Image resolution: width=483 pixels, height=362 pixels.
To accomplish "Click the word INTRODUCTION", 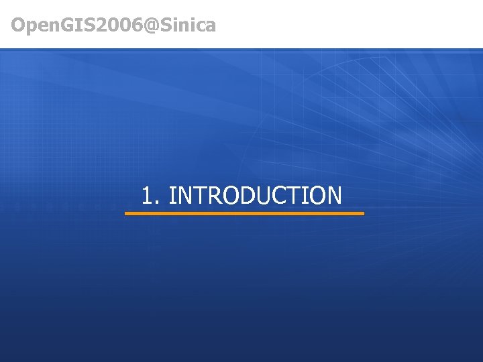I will click(x=256, y=196).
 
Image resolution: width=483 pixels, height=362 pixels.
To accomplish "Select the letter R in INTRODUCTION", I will click(x=210, y=196).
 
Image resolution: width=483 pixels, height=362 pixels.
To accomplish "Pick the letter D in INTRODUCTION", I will click(x=243, y=196).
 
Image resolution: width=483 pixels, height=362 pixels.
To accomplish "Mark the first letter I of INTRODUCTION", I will click(x=172, y=196).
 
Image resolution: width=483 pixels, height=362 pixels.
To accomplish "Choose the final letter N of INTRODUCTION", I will click(x=333, y=196).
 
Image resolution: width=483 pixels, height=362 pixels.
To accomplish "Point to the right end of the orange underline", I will click(x=362, y=214).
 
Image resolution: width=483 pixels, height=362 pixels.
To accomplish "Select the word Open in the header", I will click(x=31, y=26).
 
